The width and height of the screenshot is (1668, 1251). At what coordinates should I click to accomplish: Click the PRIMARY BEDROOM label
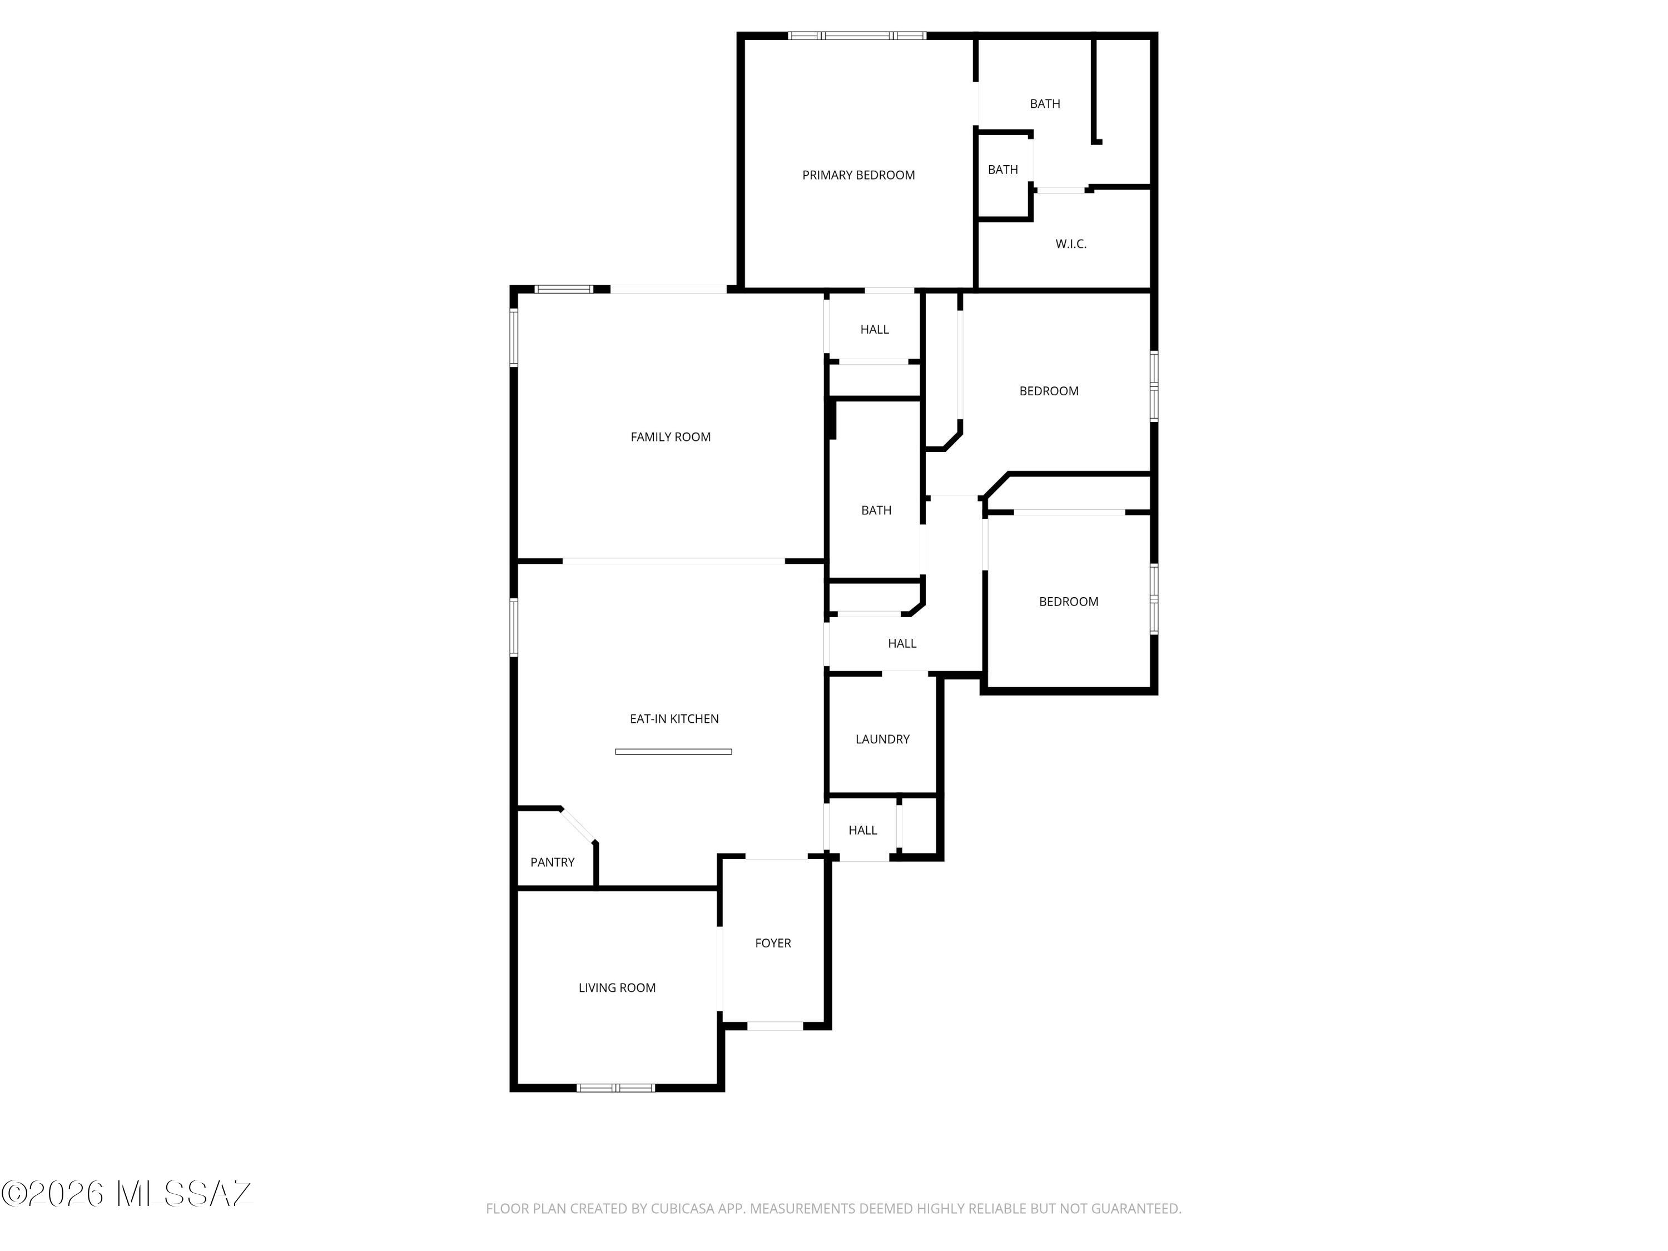point(858,175)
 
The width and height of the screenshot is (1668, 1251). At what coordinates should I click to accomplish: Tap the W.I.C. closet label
point(1071,244)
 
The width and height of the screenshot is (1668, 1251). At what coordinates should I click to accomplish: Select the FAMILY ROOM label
point(671,436)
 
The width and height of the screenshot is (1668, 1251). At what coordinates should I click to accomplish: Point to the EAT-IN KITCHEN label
point(674,718)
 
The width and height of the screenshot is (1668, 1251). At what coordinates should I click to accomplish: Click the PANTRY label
point(552,862)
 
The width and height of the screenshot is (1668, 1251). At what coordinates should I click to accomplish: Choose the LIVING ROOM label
point(617,987)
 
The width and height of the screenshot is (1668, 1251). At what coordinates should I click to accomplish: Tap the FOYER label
point(773,942)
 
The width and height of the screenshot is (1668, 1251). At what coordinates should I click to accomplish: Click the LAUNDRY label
point(882,739)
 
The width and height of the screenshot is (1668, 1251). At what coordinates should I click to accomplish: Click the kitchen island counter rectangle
point(673,751)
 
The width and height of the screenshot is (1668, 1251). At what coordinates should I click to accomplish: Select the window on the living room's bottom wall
point(615,1088)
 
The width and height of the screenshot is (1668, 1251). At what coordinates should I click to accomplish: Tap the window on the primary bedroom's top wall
point(857,36)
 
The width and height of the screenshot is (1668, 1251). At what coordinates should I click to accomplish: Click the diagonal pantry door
point(578,825)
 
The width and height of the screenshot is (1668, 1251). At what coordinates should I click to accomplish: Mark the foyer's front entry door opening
point(775,1025)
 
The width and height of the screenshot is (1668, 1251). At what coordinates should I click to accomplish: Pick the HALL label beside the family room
point(874,329)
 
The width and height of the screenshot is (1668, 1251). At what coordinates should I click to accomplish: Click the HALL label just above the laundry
point(902,643)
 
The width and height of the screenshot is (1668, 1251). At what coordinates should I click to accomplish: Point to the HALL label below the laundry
point(863,830)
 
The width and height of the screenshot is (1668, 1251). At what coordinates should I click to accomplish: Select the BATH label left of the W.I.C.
point(1003,170)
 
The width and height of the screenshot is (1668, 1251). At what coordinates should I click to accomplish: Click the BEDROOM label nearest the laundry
point(1069,601)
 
